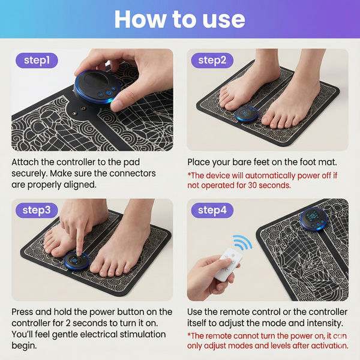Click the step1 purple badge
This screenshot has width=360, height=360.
[x=37, y=61]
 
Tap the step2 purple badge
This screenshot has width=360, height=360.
[x=212, y=61]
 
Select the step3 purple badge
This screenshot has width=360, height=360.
[x=37, y=211]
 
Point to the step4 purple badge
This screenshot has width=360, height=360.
[x=212, y=211]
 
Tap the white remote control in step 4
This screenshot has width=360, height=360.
[x=228, y=265]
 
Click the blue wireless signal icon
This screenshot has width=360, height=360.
[x=242, y=242]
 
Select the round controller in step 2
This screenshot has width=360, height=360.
[x=247, y=114]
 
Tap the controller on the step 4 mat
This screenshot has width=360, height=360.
[x=314, y=219]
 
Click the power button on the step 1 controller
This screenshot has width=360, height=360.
[x=108, y=93]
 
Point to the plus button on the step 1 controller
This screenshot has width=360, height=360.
[x=113, y=88]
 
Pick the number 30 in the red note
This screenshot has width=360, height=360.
[x=252, y=185]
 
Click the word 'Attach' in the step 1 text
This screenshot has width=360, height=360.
[x=25, y=162]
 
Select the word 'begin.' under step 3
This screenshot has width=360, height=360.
[x=24, y=346]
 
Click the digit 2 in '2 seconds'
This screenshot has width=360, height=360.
[x=68, y=323]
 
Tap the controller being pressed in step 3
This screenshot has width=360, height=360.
[x=76, y=262]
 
